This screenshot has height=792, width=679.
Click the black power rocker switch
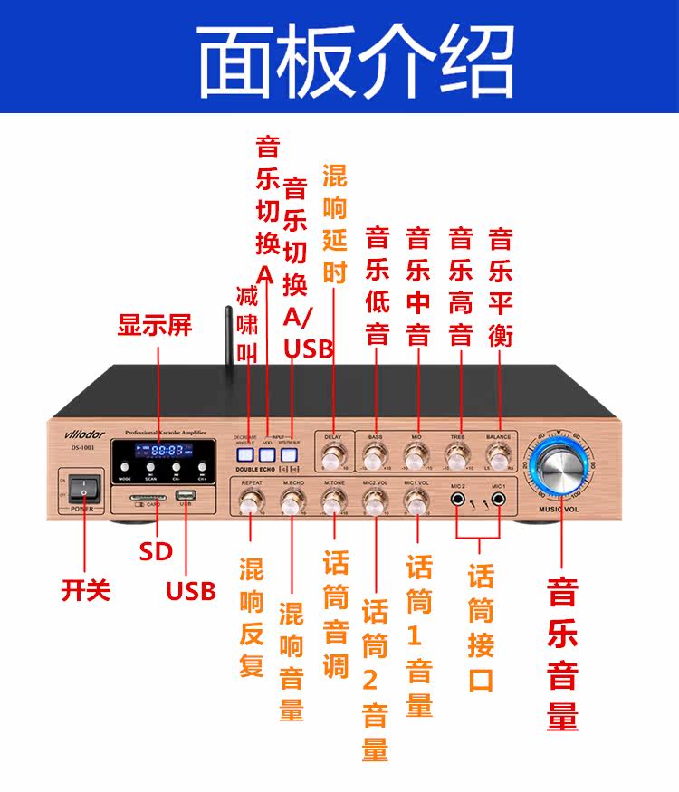83,489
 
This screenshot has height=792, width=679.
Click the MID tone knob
416,453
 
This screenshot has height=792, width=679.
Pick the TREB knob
458,453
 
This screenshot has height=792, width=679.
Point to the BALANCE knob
498,453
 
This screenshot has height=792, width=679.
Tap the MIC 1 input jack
499,498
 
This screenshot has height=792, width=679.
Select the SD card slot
149,497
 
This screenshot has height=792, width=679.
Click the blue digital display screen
167,451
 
